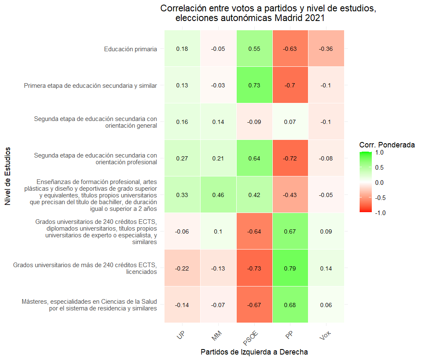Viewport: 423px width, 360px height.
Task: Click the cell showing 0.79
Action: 290,268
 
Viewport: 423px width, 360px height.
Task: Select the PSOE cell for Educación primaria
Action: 254,49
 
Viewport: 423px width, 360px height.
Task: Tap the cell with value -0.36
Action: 326,49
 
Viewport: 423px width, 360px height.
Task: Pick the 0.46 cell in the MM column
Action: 218,195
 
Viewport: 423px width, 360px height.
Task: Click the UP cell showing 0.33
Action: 182,195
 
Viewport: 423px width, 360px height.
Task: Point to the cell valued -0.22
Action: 182,268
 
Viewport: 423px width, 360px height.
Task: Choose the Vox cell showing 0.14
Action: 326,268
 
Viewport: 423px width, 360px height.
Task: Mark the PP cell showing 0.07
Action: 290,122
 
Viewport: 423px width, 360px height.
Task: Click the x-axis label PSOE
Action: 251,336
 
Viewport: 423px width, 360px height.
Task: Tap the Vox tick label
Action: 325,334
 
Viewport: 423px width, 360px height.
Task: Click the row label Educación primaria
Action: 131,49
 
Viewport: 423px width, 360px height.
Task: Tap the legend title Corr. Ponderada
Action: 387,145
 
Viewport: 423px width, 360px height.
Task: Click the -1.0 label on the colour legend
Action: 379,213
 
